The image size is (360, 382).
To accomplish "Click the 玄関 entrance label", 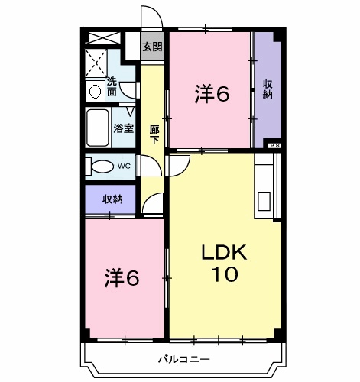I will click(x=153, y=47).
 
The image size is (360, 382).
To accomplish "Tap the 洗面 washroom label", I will click(x=112, y=87).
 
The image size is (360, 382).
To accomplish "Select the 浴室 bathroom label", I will click(x=123, y=129).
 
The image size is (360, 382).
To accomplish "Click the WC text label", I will click(x=124, y=166).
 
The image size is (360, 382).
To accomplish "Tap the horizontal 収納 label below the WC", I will click(x=112, y=199).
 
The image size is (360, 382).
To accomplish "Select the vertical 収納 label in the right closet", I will click(x=268, y=89).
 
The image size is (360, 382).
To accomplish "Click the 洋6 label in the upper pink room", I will click(x=212, y=93).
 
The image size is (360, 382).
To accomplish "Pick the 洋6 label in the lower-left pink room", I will click(x=122, y=277).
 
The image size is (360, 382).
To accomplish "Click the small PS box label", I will click(x=273, y=144).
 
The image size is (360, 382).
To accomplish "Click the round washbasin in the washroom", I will click(x=95, y=91).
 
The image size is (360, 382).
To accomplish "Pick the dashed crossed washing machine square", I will click(x=95, y=60).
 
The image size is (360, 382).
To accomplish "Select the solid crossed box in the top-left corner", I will click(x=101, y=37).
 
